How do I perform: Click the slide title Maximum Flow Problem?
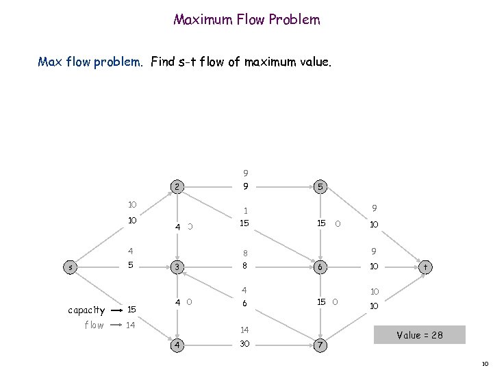(246, 20)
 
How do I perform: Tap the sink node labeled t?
(425, 265)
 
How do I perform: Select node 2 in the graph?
(177, 186)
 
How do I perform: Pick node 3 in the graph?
(177, 265)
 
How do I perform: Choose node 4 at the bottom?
(177, 344)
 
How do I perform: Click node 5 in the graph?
(319, 186)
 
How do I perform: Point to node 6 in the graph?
(319, 265)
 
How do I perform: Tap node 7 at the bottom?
(319, 344)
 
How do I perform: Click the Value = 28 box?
(419, 334)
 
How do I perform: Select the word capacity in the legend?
(86, 310)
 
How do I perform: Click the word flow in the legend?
(94, 325)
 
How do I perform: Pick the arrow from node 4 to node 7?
(281, 344)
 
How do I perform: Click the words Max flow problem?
(90, 62)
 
